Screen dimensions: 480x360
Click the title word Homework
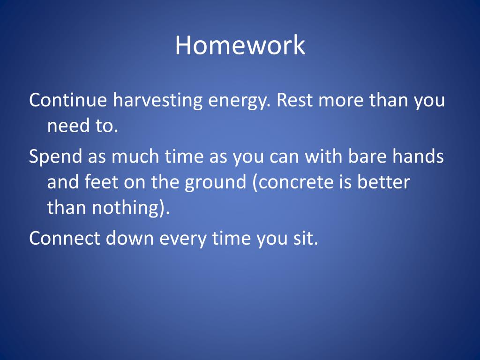[x=240, y=45]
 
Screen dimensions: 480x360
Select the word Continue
[x=68, y=100]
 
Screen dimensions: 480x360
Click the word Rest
[x=295, y=100]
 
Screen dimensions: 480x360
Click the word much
[x=135, y=156]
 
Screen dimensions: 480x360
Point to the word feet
[x=101, y=181]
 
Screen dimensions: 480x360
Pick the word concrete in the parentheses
[x=296, y=182]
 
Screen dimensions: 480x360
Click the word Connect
[x=65, y=238]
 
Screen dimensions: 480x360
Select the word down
[x=129, y=238]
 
